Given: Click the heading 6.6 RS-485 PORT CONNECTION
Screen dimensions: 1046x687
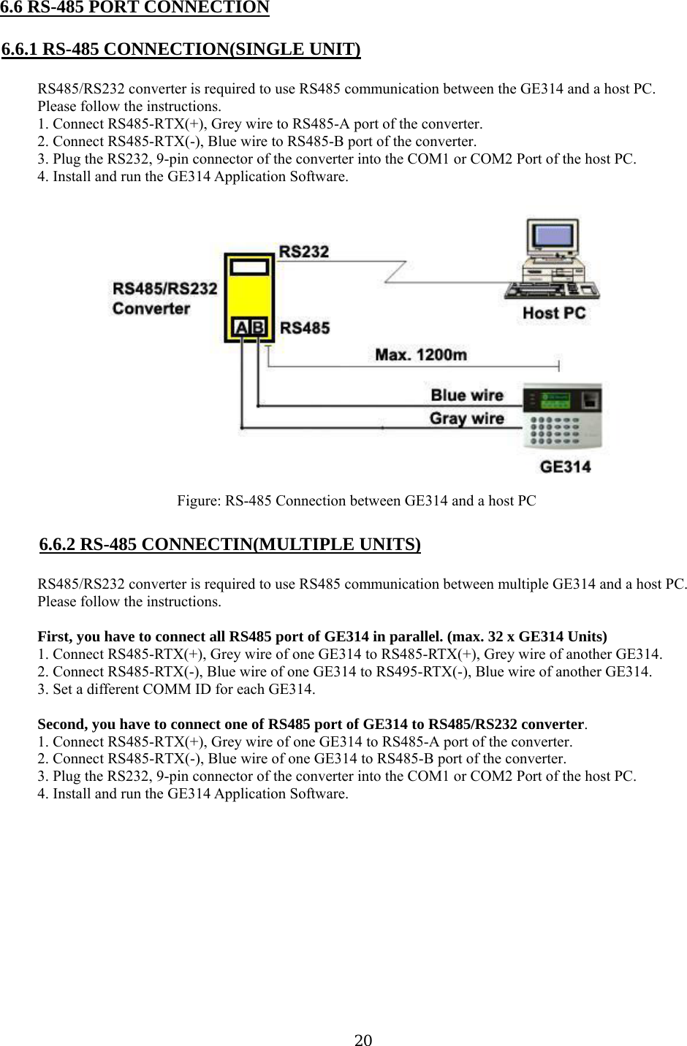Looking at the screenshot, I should tap(135, 8).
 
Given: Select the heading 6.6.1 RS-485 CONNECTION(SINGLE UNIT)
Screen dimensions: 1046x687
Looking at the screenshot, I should tap(181, 50).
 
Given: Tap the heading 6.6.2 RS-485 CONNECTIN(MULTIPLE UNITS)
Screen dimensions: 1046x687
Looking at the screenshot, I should tap(229, 544).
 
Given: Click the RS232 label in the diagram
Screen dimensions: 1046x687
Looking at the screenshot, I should tap(304, 252).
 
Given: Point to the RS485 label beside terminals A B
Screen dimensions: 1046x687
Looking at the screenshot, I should tap(305, 328).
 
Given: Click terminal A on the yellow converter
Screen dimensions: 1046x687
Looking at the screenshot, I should tap(242, 327).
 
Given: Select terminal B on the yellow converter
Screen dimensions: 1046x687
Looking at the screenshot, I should tap(258, 327).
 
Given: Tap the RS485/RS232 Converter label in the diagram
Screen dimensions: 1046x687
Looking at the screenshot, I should tap(164, 298).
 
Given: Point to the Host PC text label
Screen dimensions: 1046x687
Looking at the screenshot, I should tap(554, 313).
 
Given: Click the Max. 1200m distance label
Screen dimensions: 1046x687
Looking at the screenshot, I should tap(421, 355).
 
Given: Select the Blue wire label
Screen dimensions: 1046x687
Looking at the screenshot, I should tap(467, 395).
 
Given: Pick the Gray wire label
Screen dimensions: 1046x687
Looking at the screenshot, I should tap(466, 419).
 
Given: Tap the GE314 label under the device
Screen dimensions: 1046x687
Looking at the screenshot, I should tap(565, 466).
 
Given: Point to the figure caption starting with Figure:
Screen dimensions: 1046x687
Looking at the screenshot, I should tap(357, 501).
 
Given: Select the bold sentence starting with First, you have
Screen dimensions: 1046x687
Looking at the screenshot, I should tap(322, 636).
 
